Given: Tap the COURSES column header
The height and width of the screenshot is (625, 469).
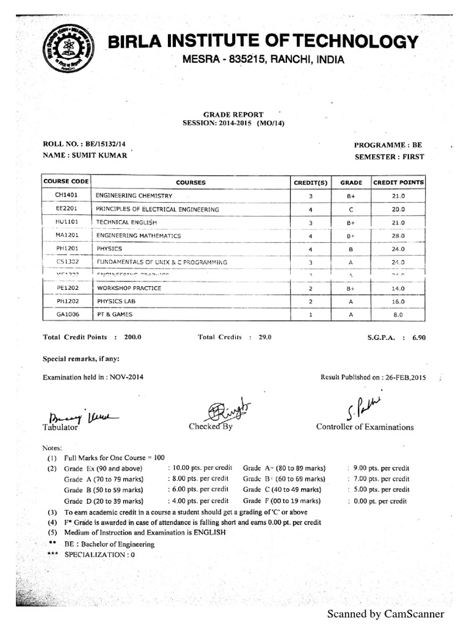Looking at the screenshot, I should pos(191,182).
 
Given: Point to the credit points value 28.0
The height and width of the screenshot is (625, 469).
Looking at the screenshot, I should pos(398,236).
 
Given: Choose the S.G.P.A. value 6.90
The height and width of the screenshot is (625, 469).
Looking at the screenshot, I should pos(418,337).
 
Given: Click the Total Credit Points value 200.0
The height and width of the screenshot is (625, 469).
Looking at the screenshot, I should pos(133,337).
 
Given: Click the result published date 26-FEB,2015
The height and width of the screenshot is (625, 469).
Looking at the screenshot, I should pos(403,377).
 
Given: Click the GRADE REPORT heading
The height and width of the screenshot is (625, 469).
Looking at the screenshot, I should pos(233,114).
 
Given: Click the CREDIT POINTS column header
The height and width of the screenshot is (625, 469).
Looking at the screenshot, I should pos(398,182).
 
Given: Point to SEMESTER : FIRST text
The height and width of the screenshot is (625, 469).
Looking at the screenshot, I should pos(389,157).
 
